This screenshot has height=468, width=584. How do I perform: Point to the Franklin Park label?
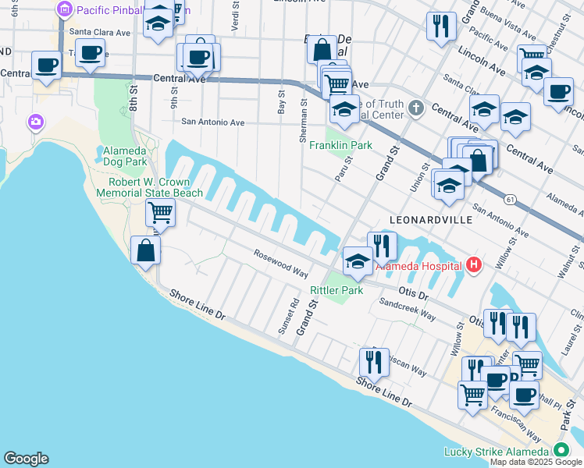[340, 145]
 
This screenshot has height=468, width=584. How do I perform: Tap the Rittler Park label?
[337, 290]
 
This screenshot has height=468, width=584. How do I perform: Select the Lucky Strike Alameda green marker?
[561, 452]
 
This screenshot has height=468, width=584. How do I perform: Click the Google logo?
[26, 459]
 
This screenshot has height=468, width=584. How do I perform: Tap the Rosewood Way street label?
[280, 264]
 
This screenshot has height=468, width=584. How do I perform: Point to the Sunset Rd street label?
[287, 317]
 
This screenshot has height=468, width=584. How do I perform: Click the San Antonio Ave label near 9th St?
[213, 122]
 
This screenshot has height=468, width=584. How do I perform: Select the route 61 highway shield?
[510, 200]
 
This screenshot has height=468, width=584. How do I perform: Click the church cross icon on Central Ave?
[416, 107]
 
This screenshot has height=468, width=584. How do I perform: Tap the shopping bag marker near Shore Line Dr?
[145, 251]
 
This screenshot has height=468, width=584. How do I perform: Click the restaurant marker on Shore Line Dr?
[374, 363]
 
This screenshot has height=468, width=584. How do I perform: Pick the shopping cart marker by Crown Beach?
[160, 211]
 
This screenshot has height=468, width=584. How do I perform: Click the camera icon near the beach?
[35, 122]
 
